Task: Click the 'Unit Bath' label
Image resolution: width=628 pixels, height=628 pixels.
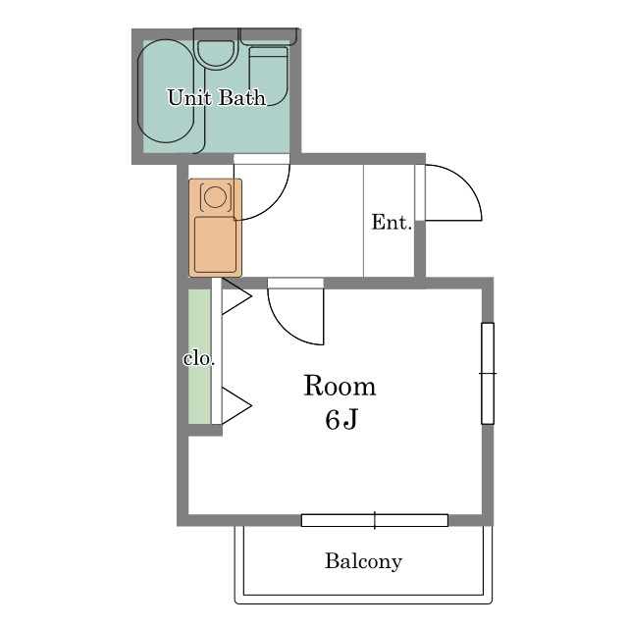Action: pos(217,98)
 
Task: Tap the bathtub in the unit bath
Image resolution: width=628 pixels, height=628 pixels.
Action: pos(166,91)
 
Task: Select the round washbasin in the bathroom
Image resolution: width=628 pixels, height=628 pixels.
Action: pos(216,54)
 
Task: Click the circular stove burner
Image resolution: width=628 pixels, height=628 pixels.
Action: pos(216,196)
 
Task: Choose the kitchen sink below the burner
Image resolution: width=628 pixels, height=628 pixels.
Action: pos(216,244)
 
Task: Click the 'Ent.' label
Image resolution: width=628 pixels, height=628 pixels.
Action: pos(392,223)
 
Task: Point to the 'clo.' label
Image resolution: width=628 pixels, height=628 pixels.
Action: pos(199,359)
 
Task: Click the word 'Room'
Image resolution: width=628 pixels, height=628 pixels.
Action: pos(340,386)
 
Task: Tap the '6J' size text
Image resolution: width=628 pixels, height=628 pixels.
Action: pos(340,420)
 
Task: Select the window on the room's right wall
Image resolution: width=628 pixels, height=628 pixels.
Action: pos(488,373)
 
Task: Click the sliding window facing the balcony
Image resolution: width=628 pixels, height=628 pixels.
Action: pos(375,520)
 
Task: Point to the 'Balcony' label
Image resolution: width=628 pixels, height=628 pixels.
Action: pos(363,561)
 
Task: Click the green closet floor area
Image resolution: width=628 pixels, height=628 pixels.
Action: pos(199,356)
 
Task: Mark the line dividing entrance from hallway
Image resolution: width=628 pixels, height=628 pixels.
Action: pos(364,220)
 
